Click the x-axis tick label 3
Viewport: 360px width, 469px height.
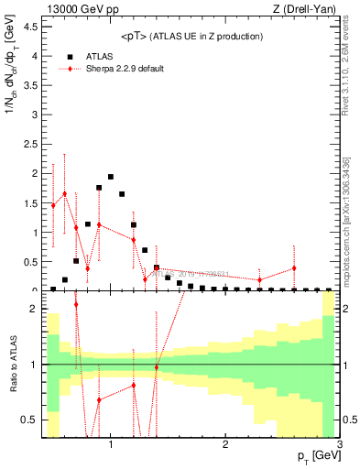(x=339, y=445)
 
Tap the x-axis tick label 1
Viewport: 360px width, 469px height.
(x=111, y=445)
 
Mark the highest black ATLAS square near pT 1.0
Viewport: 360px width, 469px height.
(x=111, y=177)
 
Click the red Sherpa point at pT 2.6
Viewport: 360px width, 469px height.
(x=294, y=268)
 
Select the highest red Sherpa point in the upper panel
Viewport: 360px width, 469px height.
(x=64, y=193)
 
